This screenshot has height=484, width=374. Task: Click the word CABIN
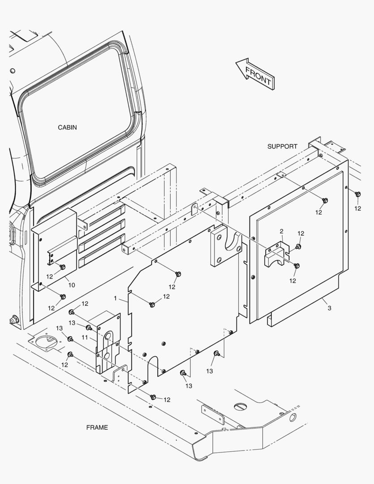click(x=67, y=127)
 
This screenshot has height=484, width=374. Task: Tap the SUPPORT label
click(x=282, y=147)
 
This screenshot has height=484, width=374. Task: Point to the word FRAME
click(x=97, y=428)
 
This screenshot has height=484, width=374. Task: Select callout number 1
click(x=115, y=298)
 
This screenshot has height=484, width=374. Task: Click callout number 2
click(x=281, y=231)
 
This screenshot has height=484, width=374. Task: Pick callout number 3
click(x=329, y=308)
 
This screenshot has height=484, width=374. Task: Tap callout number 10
click(x=71, y=285)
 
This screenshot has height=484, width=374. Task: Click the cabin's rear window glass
click(x=76, y=117)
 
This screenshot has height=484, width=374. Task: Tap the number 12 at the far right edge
click(x=357, y=208)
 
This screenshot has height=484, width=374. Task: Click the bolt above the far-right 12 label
click(x=357, y=194)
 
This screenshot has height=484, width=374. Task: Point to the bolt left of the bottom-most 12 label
click(x=153, y=397)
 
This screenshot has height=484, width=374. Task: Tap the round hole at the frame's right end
click(x=292, y=418)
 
